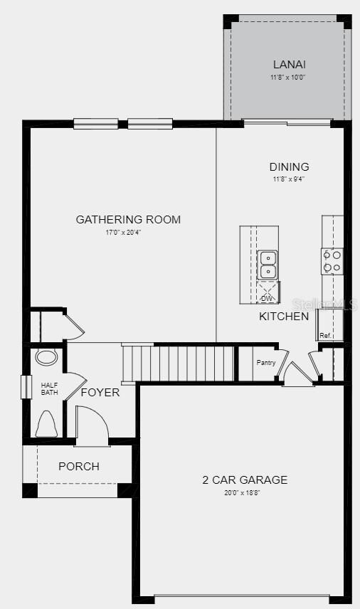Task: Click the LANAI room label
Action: (288, 65)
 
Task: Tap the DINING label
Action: (289, 167)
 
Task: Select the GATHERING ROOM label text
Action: (128, 219)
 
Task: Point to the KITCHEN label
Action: (284, 316)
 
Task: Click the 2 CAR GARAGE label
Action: (245, 480)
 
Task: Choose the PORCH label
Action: (79, 467)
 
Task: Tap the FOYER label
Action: (100, 392)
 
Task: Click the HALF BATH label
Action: (49, 388)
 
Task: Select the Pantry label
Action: (265, 363)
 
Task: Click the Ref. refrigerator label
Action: (326, 335)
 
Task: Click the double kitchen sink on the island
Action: (268, 264)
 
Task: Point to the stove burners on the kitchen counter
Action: (332, 260)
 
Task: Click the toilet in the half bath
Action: (46, 424)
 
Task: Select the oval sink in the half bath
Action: (46, 357)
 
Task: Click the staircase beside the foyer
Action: (178, 363)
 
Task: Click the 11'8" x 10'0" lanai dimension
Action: (288, 77)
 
